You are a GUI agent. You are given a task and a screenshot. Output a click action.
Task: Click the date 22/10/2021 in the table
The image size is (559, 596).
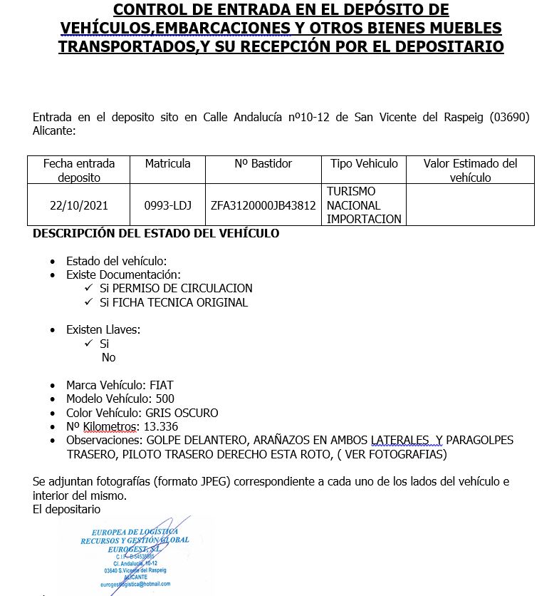79,205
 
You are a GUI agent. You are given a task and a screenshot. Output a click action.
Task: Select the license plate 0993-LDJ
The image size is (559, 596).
167,205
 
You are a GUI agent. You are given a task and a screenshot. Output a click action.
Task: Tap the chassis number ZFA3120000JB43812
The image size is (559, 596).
263,205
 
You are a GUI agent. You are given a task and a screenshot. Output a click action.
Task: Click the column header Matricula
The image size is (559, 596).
167,164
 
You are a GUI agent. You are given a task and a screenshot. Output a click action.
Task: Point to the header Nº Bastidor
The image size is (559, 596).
263,164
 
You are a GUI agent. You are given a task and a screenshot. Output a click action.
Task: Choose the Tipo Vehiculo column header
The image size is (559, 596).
364,164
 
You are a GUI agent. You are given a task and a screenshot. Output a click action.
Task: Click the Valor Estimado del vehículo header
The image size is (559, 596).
470,170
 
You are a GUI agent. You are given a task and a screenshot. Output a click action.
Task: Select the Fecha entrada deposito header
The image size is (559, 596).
79,170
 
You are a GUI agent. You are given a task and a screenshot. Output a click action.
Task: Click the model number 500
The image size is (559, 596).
164,399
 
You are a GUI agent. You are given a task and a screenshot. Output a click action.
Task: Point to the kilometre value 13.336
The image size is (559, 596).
160,426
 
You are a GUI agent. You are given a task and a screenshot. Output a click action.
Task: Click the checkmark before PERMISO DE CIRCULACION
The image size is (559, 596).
88,288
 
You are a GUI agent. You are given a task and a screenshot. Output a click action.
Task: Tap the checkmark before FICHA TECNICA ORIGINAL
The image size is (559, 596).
88,302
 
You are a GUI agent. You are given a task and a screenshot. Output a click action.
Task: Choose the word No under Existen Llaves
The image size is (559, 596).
108,357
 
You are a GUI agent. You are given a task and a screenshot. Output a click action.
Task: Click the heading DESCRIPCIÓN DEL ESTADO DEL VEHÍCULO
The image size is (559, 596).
156,233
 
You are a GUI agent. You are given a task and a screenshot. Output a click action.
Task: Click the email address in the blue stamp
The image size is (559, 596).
136,585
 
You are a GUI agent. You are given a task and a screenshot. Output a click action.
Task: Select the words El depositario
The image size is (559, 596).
66,509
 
